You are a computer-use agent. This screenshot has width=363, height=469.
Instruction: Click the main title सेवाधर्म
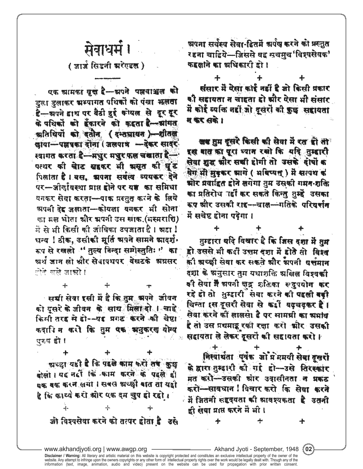(105, 51)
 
